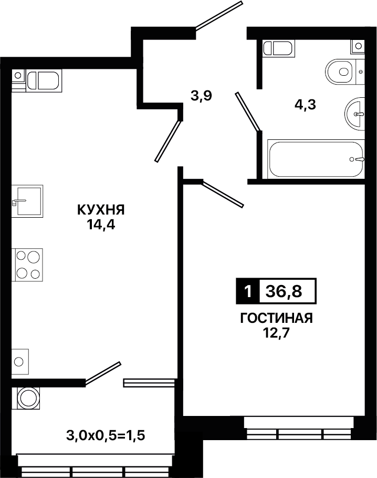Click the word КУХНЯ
pyautogui.click(x=101, y=210)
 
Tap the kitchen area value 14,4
pyautogui.click(x=101, y=225)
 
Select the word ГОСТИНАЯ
pyautogui.click(x=277, y=318)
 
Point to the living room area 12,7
pyautogui.click(x=276, y=333)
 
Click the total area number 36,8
pyautogui.click(x=284, y=291)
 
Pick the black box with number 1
pyautogui.click(x=248, y=291)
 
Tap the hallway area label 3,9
pyautogui.click(x=201, y=96)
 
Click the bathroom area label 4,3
pyautogui.click(x=305, y=105)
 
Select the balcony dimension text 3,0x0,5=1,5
pyautogui.click(x=106, y=435)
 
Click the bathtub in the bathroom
pyautogui.click(x=316, y=159)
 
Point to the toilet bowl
pyautogui.click(x=341, y=72)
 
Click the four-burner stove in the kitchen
pyautogui.click(x=27, y=265)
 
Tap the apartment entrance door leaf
pyautogui.click(x=219, y=16)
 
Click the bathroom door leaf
pyautogui.click(x=248, y=112)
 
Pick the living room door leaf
pyautogui.click(x=223, y=194)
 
